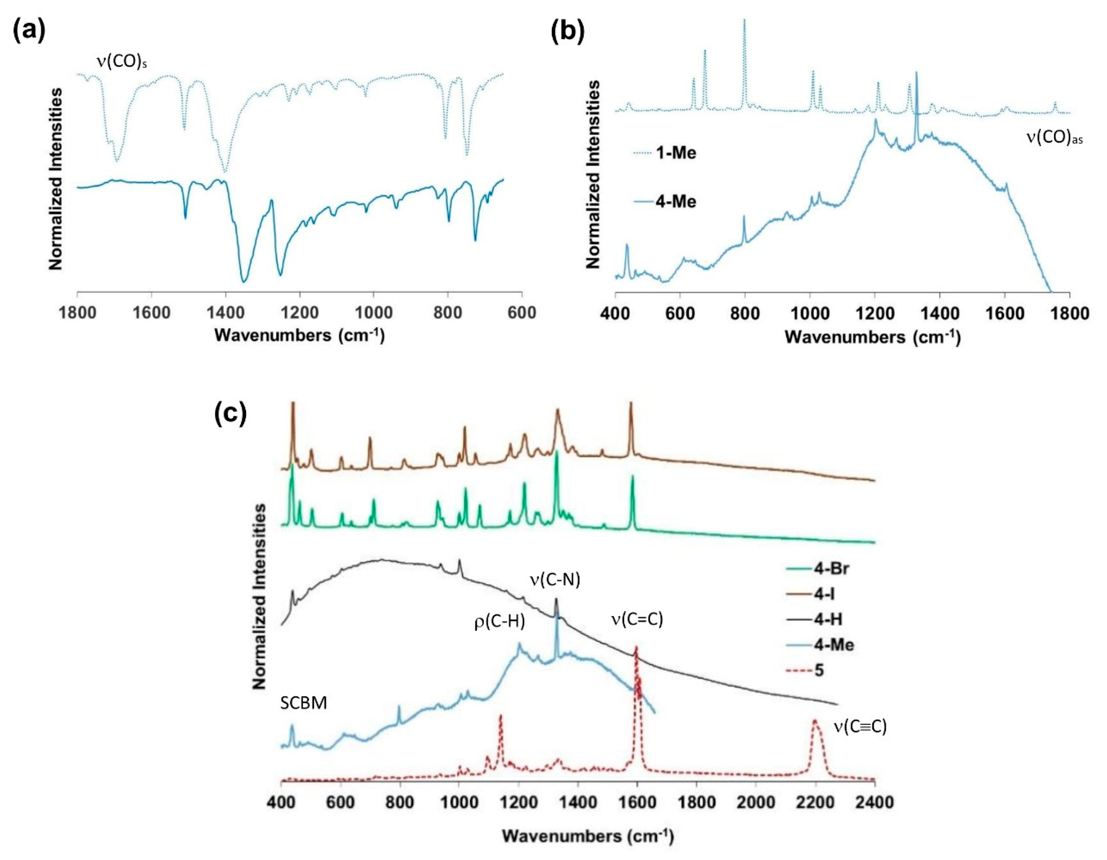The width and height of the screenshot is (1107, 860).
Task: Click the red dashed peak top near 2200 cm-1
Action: point(815,720)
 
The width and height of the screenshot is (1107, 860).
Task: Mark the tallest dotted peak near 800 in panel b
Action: point(744,20)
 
